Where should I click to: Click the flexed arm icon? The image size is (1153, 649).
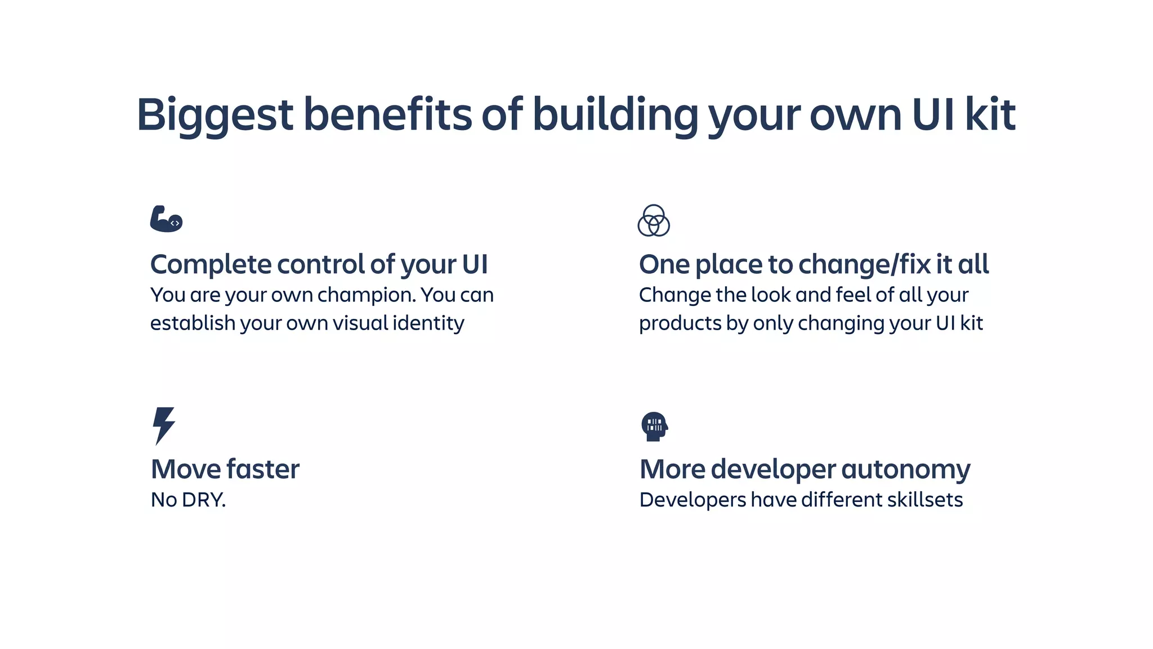[166, 219]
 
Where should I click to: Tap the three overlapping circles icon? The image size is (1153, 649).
[654, 220]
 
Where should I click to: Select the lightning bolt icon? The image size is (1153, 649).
[164, 425]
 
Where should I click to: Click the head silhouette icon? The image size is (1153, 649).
[654, 426]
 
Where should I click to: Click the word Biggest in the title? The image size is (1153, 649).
[215, 115]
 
